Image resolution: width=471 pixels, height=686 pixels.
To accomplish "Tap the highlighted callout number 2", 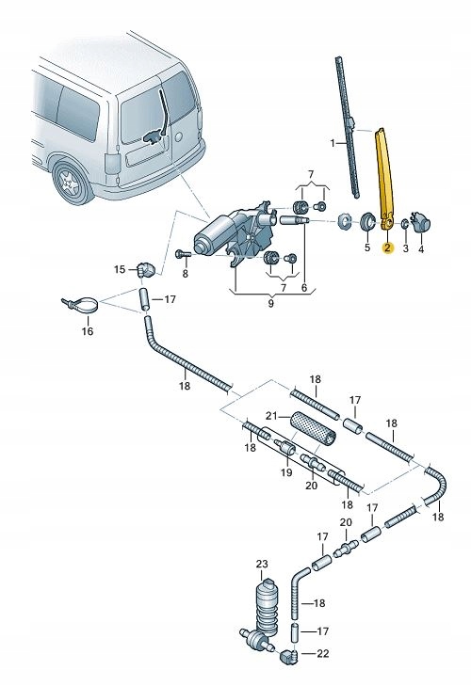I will tap(386, 249).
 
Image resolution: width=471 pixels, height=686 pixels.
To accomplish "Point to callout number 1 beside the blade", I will tap(332, 143).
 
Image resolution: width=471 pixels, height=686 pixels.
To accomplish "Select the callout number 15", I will tap(120, 270).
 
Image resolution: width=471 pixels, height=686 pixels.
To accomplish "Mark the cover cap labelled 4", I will tap(421, 223).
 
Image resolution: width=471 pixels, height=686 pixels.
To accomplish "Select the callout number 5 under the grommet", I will tap(366, 248).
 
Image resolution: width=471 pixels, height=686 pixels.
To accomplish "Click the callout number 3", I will tap(405, 248).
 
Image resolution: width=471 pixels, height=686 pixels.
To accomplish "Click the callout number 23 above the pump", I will tap(262, 564).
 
